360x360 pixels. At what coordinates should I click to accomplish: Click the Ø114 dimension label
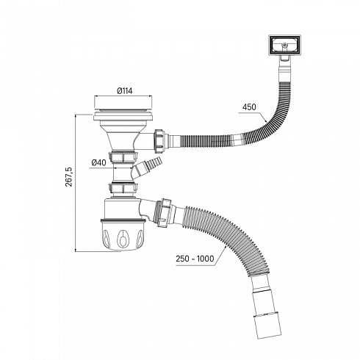[125, 91]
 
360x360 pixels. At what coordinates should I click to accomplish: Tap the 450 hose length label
[249, 107]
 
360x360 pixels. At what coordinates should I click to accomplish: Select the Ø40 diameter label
[99, 162]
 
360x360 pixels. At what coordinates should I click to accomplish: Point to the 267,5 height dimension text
[69, 177]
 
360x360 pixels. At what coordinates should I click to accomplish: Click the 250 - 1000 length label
[195, 259]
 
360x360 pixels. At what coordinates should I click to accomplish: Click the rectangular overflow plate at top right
[284, 46]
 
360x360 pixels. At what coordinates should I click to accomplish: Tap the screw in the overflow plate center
[284, 46]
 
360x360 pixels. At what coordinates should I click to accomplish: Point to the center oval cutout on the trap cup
[122, 238]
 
